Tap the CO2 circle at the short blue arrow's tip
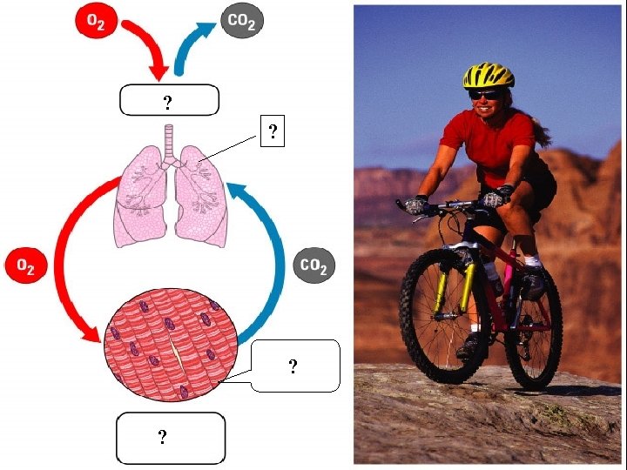[x=240, y=21]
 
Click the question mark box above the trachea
[x=167, y=101]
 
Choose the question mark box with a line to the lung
[x=273, y=132]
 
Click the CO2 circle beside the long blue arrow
[x=313, y=266]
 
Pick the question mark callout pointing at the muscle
[x=293, y=366]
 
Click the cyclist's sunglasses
[x=485, y=94]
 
